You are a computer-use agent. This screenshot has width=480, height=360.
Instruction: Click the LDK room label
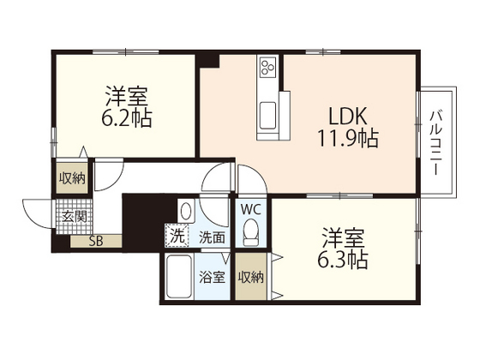click(x=347, y=117)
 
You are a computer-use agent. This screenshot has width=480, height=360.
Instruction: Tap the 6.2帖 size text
click(x=127, y=118)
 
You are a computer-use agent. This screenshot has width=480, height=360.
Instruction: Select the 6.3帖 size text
click(x=343, y=260)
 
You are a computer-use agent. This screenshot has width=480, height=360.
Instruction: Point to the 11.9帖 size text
click(x=348, y=138)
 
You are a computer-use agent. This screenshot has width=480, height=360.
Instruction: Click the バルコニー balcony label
click(x=436, y=143)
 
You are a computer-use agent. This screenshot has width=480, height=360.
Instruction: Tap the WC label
click(x=251, y=210)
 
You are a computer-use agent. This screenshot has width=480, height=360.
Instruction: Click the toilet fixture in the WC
click(x=251, y=232)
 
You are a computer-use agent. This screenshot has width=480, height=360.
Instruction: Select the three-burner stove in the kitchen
click(x=267, y=67)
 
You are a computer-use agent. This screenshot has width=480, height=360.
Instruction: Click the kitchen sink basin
click(x=267, y=116)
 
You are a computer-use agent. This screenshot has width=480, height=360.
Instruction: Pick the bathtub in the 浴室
click(x=180, y=277)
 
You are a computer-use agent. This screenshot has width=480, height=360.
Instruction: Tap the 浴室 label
click(x=213, y=277)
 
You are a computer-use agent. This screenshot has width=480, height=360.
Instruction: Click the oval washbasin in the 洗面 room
click(x=186, y=212)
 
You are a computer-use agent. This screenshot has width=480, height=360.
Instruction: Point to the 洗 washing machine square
click(x=177, y=236)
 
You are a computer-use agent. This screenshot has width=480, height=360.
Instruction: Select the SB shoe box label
click(x=96, y=241)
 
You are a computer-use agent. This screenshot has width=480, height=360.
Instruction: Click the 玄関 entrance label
click(x=75, y=217)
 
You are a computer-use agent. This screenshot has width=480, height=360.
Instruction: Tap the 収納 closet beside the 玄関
click(x=72, y=177)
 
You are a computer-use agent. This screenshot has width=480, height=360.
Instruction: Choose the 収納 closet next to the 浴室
click(x=250, y=277)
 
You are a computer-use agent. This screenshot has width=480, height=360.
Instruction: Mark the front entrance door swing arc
click(x=33, y=216)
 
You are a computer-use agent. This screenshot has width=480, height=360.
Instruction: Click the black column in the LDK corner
click(x=207, y=61)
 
